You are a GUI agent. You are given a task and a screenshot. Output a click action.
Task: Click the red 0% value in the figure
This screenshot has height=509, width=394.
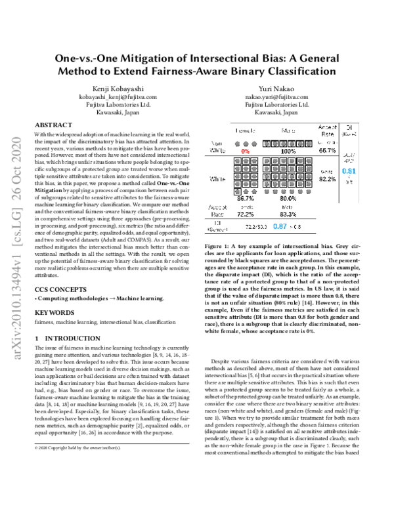coord(246,151)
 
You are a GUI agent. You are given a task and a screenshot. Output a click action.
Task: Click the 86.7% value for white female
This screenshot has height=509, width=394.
coord(246,197)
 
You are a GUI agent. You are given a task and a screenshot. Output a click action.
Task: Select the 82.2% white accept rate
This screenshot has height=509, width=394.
coord(328,178)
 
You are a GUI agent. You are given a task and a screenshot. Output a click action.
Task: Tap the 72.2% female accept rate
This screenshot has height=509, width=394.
coord(246,214)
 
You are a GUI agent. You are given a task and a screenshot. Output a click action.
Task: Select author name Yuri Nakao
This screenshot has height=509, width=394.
coord(276,87)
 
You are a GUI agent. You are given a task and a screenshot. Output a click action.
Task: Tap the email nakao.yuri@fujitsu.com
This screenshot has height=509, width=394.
coord(276,96)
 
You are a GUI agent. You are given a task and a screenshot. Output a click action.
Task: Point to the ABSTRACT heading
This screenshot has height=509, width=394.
coord(53,124)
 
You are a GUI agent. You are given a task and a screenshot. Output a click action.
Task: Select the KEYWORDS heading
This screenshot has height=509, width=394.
coord(55,313)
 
